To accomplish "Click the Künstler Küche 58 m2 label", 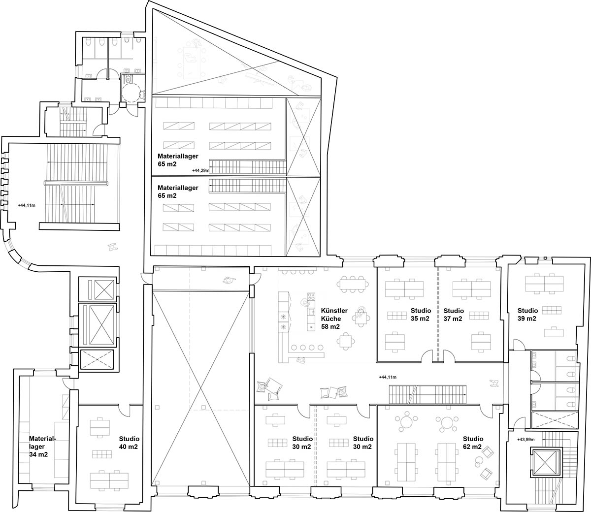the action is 334,319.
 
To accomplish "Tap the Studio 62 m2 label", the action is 473,443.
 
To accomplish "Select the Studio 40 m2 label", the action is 129,443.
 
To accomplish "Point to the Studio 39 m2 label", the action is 527,315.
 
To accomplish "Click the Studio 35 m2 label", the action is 421,315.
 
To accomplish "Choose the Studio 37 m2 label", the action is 454,315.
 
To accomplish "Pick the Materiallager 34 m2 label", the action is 43,447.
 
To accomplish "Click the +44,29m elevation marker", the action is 201,171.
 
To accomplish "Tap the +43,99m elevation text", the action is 526,440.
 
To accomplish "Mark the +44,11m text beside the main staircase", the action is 27,205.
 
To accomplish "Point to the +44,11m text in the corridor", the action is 388,377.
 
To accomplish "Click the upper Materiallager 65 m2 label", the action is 178,160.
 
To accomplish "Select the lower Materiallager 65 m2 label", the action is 178,192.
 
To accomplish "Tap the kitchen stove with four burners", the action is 311,297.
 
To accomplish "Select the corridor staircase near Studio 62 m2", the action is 427,394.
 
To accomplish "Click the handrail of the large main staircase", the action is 76,183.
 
